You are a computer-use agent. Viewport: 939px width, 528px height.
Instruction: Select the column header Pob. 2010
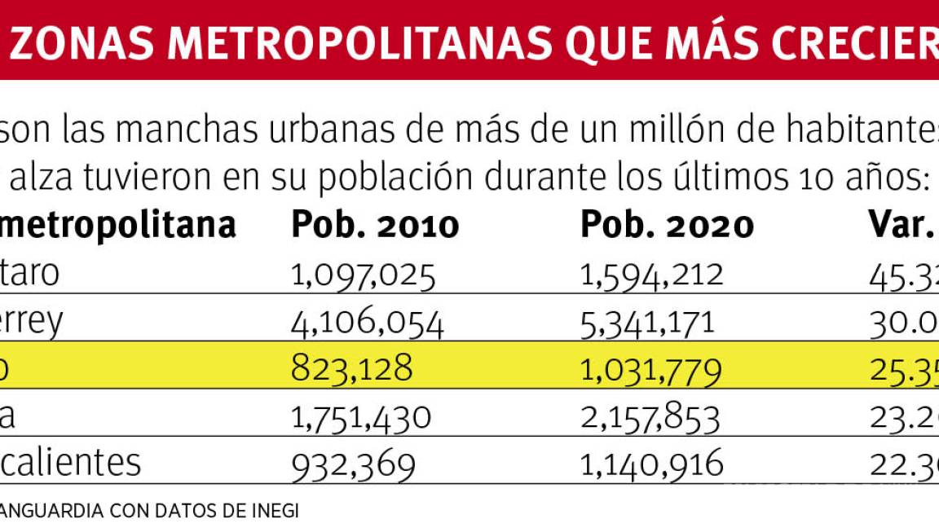coord(375,225)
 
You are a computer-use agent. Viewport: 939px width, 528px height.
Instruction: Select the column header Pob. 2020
coord(667,225)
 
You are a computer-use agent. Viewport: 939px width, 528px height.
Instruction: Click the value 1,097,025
coord(364,275)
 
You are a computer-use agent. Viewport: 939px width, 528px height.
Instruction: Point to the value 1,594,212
coord(652,275)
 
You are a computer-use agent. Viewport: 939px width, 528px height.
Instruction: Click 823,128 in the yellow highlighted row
coord(352,369)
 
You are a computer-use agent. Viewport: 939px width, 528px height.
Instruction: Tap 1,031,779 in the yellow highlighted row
coord(651,371)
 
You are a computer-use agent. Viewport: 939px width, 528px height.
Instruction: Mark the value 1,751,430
coord(361,417)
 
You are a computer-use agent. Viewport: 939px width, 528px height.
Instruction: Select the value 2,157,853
coord(650,417)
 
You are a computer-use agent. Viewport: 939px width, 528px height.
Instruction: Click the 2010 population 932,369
coord(354,464)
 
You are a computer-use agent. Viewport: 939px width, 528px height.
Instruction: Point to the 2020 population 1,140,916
coord(652,464)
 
